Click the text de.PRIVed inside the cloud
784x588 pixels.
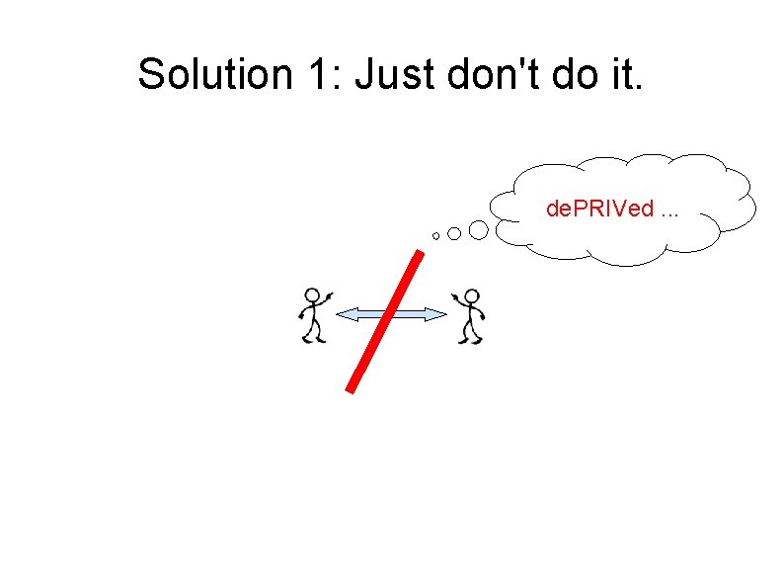click(600, 210)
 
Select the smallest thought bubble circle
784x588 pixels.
click(435, 236)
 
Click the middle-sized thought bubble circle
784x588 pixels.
click(453, 233)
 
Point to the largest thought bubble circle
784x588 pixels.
click(478, 230)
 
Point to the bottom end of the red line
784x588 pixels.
click(351, 387)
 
